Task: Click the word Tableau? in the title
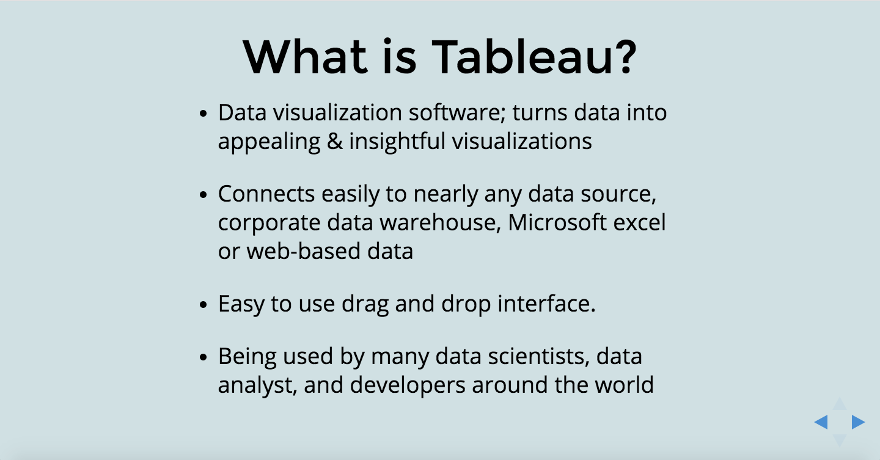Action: point(535,57)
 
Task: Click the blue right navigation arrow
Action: point(858,422)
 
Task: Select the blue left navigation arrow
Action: point(821,422)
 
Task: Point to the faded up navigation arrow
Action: point(840,404)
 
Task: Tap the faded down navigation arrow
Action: point(840,440)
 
